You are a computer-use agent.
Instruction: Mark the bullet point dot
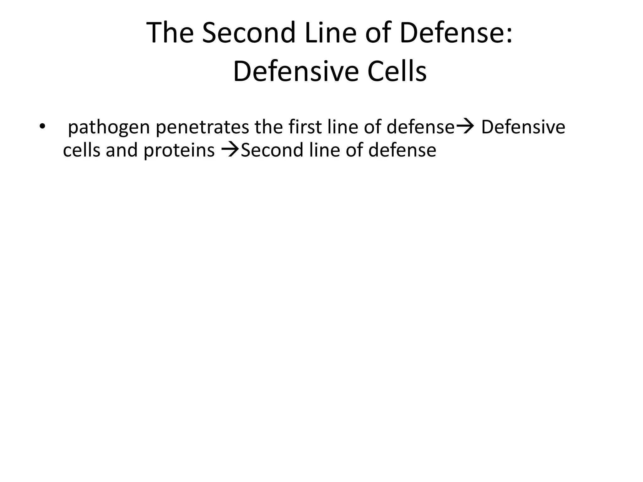pos(42,127)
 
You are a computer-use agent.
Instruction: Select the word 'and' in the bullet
pos(122,150)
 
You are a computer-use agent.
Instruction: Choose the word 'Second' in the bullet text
pos(271,150)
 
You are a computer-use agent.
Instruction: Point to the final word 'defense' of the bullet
pos(402,150)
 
